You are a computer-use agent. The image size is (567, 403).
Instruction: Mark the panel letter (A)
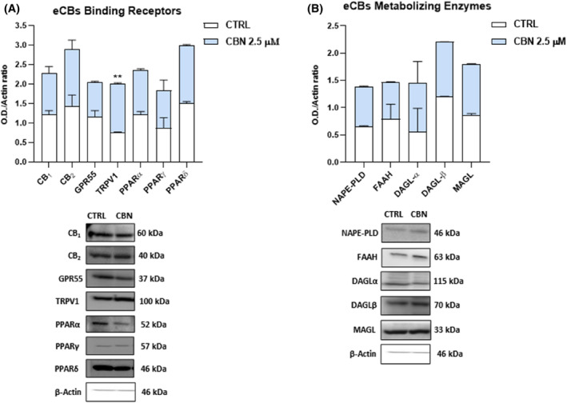click(12, 10)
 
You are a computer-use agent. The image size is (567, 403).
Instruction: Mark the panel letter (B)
click(307, 10)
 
